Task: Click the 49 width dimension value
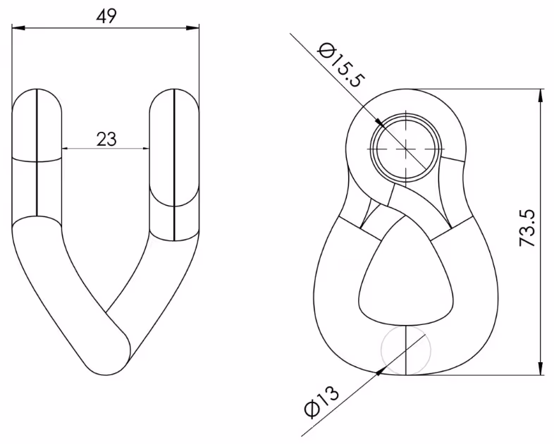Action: coord(106,16)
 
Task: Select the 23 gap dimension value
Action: coord(106,139)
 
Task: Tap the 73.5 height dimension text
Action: coord(527,228)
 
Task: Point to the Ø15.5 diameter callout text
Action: coord(340,66)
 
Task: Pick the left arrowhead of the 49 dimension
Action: coord(18,27)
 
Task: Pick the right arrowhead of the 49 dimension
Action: coord(193,27)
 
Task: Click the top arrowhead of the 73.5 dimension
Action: coord(541,95)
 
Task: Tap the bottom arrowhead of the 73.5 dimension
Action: coord(541,368)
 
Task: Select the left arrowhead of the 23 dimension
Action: coord(66,149)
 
